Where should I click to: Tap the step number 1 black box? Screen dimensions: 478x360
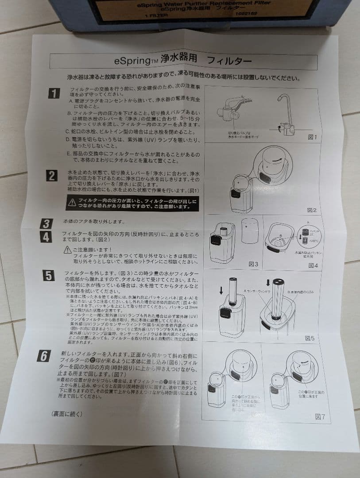pos(54,93)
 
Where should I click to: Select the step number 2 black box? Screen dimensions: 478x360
pos(52,176)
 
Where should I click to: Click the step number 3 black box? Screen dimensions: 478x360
pos(46,223)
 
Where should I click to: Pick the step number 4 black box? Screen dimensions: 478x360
pos(46,237)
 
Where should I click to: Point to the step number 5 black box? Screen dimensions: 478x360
pos(48,276)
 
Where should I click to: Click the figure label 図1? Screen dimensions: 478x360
pos(312,137)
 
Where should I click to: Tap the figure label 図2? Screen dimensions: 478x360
pos(311,210)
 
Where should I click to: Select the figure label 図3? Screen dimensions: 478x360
pos(253,264)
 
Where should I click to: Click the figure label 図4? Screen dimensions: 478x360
pos(313,265)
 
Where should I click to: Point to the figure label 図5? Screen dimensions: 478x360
pos(310,338)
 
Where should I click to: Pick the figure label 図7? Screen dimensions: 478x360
pos(320,416)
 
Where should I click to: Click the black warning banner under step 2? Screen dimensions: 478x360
pos(132,203)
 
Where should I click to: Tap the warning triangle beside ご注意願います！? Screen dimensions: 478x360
pos(67,250)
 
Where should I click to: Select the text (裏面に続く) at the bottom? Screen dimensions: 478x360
pos(67,413)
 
